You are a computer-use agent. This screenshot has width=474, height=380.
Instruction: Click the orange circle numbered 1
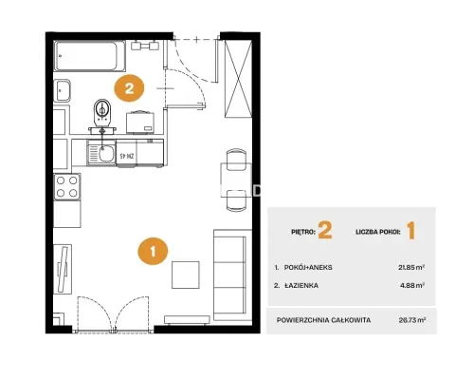(153, 251)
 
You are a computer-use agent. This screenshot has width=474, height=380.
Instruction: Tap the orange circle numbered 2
(129, 88)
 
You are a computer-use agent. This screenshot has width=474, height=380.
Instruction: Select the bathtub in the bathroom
(90, 56)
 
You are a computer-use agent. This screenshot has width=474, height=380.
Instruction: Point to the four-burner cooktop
(66, 187)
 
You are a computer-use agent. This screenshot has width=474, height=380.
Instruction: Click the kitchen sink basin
(106, 153)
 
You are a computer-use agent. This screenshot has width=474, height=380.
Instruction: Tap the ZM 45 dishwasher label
(127, 156)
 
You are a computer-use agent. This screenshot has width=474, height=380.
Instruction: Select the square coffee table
(186, 275)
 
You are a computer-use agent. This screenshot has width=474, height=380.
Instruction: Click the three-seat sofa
(229, 275)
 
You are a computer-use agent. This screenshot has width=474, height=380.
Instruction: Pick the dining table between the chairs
(236, 180)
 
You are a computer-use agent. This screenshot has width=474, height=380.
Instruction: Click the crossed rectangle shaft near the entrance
(238, 78)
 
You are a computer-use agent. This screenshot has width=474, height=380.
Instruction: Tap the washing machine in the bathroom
(140, 123)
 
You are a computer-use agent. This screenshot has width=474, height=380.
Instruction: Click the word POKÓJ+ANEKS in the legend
(308, 268)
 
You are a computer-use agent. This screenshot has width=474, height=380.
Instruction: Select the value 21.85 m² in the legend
(411, 267)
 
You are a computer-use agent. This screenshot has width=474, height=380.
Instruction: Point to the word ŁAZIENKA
(301, 286)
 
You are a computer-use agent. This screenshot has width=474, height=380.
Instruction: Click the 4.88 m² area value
(412, 285)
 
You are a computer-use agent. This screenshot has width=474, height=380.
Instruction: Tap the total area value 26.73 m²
(412, 320)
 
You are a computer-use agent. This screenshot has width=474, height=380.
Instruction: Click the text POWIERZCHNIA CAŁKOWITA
(323, 320)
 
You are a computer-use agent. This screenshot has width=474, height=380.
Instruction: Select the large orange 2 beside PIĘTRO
(325, 231)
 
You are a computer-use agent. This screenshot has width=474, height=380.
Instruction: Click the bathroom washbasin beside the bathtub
(63, 90)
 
